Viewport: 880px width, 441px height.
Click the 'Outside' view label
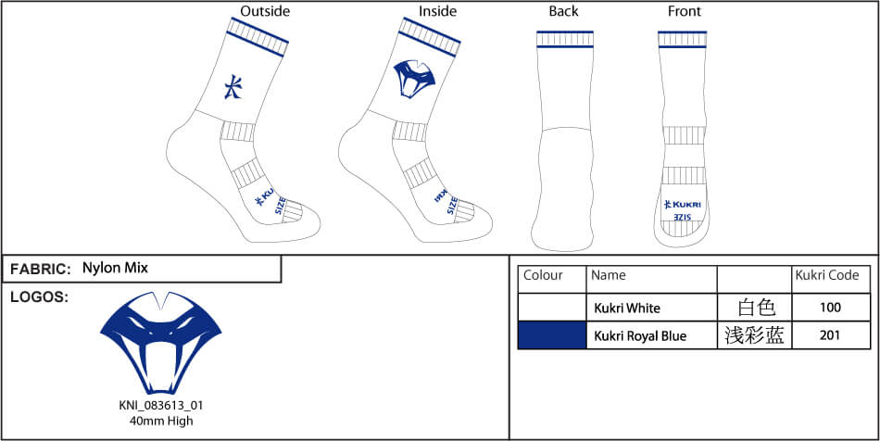tap(265, 11)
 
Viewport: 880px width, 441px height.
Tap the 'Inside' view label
tap(437, 11)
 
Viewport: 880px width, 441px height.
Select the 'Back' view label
tap(563, 11)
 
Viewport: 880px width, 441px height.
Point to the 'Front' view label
tap(685, 11)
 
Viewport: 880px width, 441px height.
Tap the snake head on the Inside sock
tap(414, 78)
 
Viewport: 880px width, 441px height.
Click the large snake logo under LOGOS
tap(160, 342)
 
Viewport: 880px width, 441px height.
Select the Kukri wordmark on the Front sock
tap(684, 204)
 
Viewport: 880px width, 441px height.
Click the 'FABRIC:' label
tap(41, 270)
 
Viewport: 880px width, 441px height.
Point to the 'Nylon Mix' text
tap(115, 268)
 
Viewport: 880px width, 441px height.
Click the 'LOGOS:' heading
tap(38, 296)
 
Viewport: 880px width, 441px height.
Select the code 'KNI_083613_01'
tap(160, 406)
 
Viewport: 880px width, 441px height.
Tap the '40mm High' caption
tap(160, 421)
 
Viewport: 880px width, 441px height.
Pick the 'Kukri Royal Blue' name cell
tap(640, 335)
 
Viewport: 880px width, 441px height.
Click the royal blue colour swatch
tap(552, 335)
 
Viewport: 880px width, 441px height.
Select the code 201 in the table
tap(830, 335)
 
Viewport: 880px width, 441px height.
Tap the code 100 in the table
tap(830, 308)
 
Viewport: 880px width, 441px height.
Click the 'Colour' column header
tap(543, 275)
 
